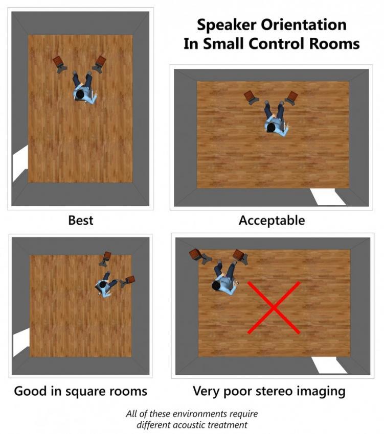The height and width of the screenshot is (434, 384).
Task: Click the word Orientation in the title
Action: click(x=304, y=25)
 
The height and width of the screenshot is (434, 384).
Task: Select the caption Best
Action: click(x=81, y=221)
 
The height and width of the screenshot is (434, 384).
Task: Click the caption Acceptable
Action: click(x=272, y=221)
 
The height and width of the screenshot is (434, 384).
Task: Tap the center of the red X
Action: click(x=274, y=307)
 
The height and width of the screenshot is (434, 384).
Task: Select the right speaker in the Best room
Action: click(x=100, y=62)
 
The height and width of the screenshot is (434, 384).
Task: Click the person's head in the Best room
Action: click(x=80, y=94)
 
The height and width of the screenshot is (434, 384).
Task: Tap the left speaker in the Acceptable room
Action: click(x=250, y=96)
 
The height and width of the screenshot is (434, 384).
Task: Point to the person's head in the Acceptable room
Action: click(x=270, y=128)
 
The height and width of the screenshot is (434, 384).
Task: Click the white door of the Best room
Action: click(x=20, y=163)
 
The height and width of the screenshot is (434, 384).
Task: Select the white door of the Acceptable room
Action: click(x=328, y=197)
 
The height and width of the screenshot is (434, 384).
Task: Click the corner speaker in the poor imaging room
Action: click(x=195, y=254)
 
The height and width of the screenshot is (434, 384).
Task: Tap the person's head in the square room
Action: click(x=103, y=284)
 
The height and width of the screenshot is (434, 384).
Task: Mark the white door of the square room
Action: click(x=21, y=342)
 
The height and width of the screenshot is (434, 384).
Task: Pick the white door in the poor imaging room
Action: click(x=329, y=365)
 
